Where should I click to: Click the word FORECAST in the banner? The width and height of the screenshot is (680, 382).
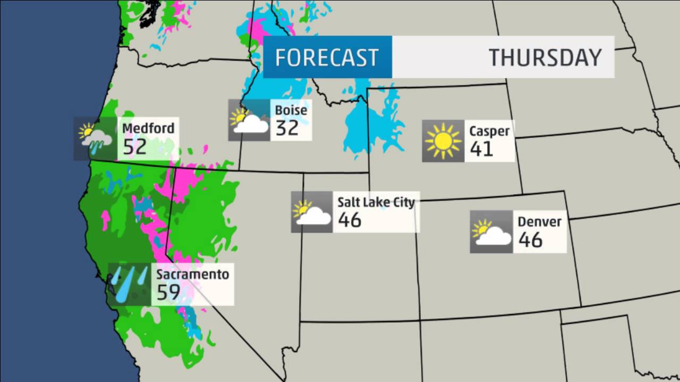(326, 57)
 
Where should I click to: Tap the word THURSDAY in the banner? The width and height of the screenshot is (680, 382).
(545, 57)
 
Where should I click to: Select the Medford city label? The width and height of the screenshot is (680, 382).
(148, 128)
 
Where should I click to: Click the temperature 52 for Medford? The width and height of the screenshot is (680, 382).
(134, 146)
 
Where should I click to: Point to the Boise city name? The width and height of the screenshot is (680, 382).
(291, 110)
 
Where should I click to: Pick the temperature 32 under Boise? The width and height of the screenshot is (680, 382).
(287, 128)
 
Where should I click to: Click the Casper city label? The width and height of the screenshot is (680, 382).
(489, 131)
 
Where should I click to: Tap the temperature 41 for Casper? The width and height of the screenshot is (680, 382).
(481, 149)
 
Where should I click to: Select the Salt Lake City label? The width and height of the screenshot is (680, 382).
(376, 202)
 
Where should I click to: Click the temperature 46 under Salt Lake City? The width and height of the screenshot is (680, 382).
(350, 220)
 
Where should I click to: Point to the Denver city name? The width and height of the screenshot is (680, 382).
(539, 221)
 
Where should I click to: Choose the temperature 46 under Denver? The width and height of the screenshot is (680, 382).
(530, 240)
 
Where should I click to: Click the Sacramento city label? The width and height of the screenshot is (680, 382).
(192, 274)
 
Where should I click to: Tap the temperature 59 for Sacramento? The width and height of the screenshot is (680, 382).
(168, 292)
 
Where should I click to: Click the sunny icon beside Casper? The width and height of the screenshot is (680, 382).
(443, 141)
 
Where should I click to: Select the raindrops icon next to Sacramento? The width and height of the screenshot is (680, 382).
(129, 284)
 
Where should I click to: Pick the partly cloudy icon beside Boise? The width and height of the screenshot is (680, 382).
(249, 120)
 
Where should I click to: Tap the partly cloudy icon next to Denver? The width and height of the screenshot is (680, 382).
(491, 232)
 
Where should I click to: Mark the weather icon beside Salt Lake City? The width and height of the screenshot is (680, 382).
(311, 212)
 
